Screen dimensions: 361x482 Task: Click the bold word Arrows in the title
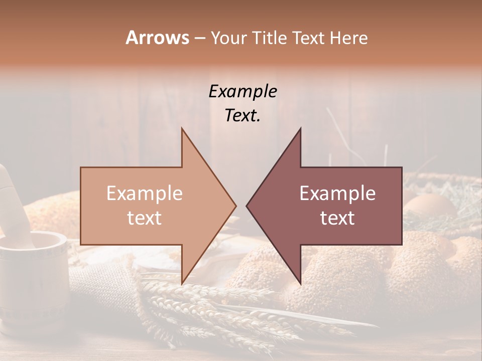pos(157,38)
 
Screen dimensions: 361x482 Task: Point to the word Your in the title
pos(228,38)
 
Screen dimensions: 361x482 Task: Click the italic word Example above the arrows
pos(243,92)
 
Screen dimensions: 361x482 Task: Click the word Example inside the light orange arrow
pos(145,194)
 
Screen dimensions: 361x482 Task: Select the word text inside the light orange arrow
pos(145,218)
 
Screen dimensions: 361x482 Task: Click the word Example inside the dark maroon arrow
pos(337,194)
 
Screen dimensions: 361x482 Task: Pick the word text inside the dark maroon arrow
pos(337,218)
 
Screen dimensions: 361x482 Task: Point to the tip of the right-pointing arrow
pos(236,206)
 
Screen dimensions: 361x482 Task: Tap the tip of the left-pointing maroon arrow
pos(247,206)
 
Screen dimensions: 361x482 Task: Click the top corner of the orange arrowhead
pos(182,128)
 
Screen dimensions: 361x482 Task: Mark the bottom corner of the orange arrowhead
pos(182,284)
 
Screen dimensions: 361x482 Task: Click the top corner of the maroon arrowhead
pos(300,128)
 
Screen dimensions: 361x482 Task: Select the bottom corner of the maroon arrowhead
pos(300,284)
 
